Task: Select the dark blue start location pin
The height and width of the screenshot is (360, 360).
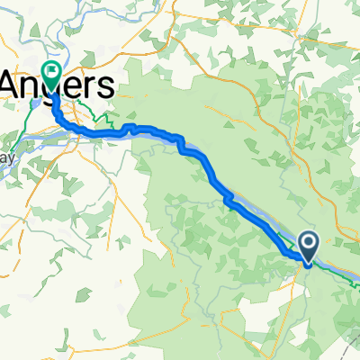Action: [308, 245]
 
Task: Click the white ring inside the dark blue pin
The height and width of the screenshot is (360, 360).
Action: [308, 242]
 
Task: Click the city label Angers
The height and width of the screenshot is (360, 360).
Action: [58, 87]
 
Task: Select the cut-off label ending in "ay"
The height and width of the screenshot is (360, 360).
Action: [7, 158]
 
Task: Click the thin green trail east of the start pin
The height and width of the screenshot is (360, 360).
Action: [346, 270]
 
